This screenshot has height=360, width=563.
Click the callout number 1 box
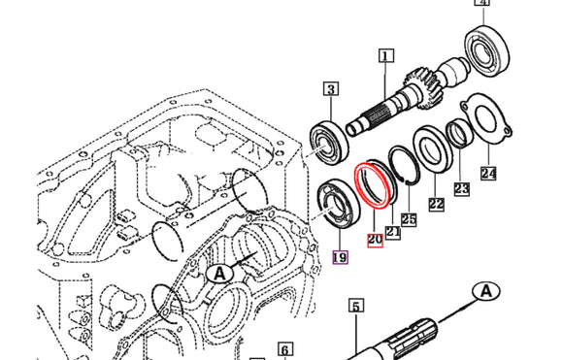coord(386,56)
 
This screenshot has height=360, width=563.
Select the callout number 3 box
coord(331,88)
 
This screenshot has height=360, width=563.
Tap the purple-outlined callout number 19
coord(340,257)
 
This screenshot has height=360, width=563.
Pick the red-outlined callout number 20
coord(375,240)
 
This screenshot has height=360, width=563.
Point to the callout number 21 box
coord(393,232)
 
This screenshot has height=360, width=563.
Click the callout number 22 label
coord(436,204)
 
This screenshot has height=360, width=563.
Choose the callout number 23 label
coord(462,188)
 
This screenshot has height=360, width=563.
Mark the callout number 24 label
coord(488,174)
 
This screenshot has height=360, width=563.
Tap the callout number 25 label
coord(409,219)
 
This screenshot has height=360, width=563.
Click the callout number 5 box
coord(355,306)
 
